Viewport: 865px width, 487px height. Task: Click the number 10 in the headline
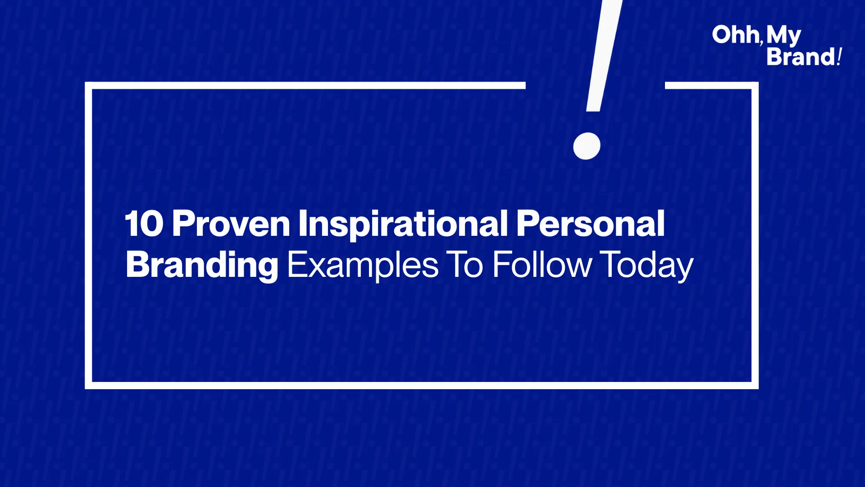(x=144, y=224)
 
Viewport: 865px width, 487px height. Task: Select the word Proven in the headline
(x=231, y=224)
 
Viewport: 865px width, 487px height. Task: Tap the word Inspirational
(x=403, y=224)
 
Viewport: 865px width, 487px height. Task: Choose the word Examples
(x=363, y=265)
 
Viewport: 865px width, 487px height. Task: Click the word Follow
(x=542, y=265)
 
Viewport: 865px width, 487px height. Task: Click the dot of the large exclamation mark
(x=587, y=146)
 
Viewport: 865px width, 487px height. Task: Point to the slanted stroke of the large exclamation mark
(x=605, y=55)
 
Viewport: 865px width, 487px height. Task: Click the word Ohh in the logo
(x=736, y=35)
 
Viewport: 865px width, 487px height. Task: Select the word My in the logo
(x=784, y=36)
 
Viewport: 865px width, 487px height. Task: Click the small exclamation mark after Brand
(x=839, y=57)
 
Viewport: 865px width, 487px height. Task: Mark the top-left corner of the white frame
(x=88, y=85)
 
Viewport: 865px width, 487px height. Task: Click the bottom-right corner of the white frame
(x=755, y=386)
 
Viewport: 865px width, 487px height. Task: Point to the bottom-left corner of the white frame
(x=88, y=386)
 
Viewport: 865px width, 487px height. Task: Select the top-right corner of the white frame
(x=755, y=85)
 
